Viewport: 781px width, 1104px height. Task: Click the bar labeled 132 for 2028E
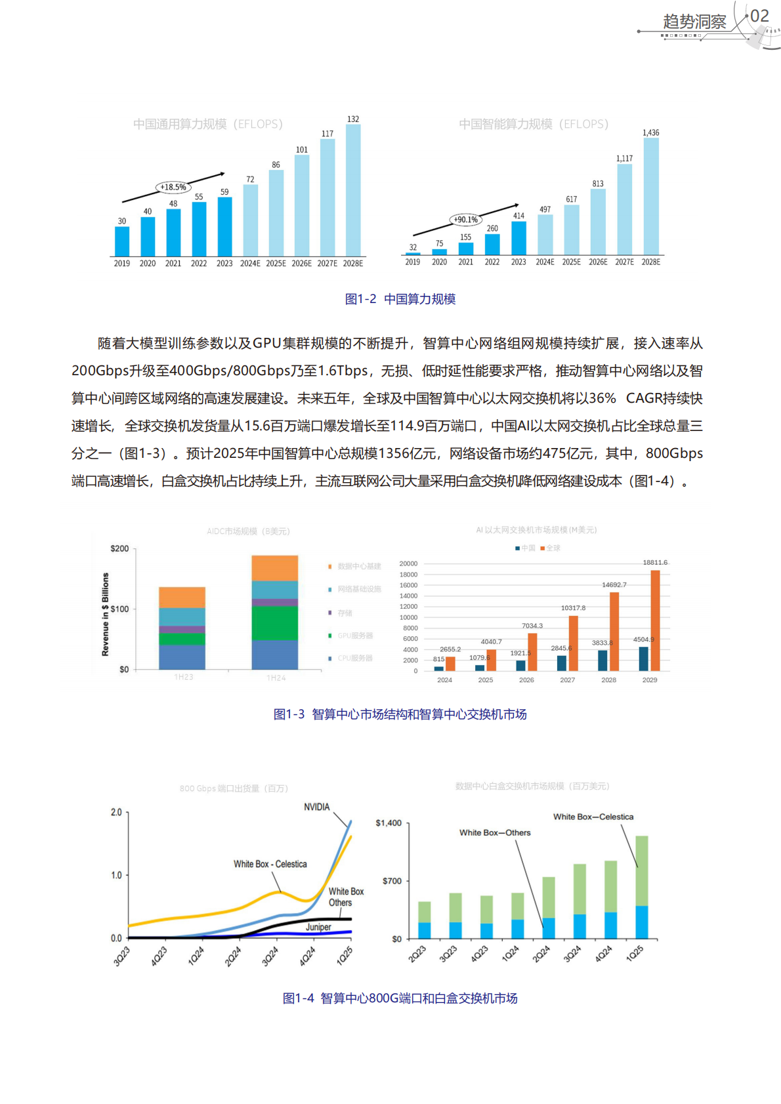(x=353, y=190)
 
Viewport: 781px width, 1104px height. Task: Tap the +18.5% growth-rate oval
(x=173, y=187)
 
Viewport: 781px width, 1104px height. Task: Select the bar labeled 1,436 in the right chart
(x=651, y=196)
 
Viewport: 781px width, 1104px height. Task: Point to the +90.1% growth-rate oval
(x=466, y=220)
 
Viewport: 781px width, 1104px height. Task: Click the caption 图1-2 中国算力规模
(x=400, y=299)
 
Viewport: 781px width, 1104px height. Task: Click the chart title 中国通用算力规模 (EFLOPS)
(x=207, y=124)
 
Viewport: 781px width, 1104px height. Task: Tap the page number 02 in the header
(x=759, y=16)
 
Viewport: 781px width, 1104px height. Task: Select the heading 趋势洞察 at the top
(x=694, y=22)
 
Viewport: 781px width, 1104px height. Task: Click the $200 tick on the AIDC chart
(x=119, y=548)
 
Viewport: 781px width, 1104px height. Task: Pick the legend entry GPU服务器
(x=355, y=636)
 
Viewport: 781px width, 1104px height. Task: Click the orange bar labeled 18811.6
(x=655, y=620)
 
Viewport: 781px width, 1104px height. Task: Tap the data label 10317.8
(x=573, y=608)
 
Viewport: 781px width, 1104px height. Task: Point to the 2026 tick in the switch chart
(x=526, y=680)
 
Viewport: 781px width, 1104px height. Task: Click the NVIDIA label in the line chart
(x=316, y=807)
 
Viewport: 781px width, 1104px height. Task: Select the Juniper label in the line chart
(x=318, y=927)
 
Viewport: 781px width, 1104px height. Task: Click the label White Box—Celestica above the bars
(x=593, y=817)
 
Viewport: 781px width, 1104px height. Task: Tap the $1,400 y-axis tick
(x=389, y=823)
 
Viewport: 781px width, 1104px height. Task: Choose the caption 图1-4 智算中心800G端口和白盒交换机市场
(x=400, y=998)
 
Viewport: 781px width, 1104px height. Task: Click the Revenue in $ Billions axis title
(x=105, y=614)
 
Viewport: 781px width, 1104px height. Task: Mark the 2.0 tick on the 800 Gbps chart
(x=116, y=812)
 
